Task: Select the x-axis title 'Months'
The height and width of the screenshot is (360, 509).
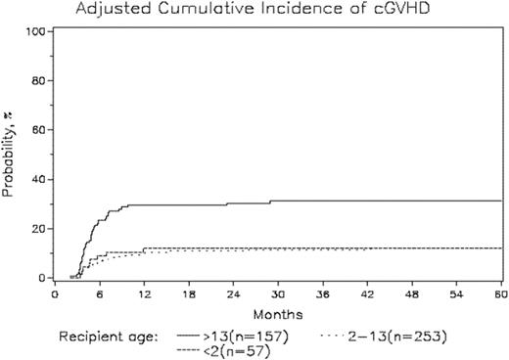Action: [x=277, y=314]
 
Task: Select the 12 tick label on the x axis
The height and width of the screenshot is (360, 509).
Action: [x=144, y=293]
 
